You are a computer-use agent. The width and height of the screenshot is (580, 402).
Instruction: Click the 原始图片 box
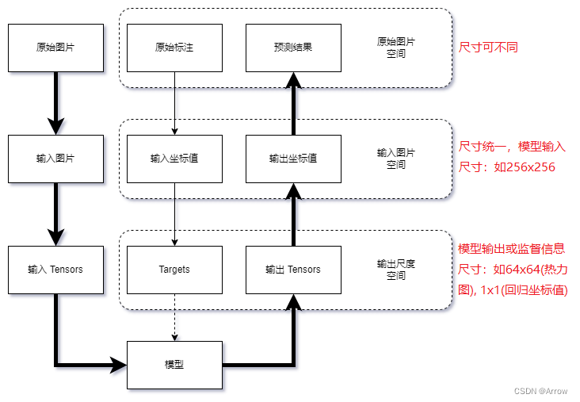pos(55,48)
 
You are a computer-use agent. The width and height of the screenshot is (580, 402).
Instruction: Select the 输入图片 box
pos(55,159)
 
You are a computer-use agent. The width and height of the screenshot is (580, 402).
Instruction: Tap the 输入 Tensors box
pos(55,270)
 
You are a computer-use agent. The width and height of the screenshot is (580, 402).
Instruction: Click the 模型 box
pos(174,365)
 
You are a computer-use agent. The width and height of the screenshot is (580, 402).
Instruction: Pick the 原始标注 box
pos(174,48)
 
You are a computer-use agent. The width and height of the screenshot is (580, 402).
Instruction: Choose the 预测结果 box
pos(293,48)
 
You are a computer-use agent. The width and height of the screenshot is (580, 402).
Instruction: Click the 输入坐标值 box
pos(174,159)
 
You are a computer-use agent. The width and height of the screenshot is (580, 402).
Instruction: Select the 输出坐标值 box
pos(293,159)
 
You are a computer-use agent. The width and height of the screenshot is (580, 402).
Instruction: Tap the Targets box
pos(174,270)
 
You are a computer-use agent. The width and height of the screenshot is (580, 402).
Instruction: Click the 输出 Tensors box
pos(293,270)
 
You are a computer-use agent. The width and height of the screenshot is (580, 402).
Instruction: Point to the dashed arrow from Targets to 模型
pos(174,317)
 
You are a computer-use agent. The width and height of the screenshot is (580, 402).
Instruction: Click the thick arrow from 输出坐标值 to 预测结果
pos(293,103)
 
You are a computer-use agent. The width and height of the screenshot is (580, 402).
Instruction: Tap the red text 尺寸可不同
pos(488,48)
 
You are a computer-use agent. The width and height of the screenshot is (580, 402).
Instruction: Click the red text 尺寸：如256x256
pos(507,167)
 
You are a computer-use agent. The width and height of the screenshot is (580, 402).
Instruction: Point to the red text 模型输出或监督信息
pos(511,249)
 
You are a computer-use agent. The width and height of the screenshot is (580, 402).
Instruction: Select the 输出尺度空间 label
pos(396,270)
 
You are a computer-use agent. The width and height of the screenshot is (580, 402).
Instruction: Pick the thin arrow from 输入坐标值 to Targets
pos(174,214)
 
